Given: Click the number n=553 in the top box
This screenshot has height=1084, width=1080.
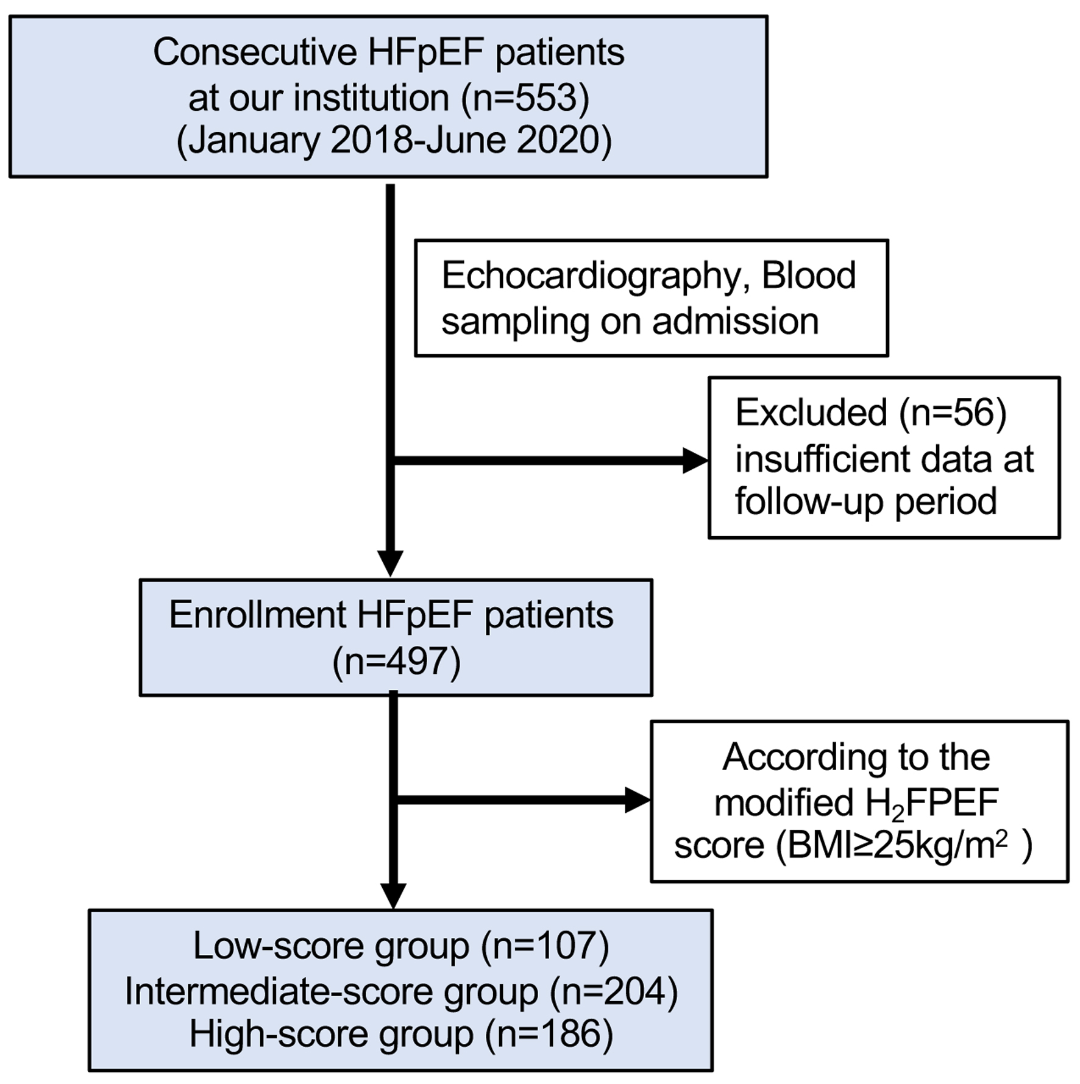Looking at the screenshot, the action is click(x=525, y=97).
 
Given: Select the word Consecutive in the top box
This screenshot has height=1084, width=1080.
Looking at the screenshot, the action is click(x=255, y=52).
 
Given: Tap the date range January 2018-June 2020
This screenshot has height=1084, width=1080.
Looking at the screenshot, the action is click(x=394, y=141).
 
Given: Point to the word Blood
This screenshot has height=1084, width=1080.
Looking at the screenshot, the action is click(x=809, y=275).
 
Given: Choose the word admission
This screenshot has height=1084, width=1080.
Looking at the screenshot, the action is click(x=736, y=321).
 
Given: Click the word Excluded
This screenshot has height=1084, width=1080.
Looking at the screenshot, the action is click(x=811, y=413).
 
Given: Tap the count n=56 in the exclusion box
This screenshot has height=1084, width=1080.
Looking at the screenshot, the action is click(x=953, y=413).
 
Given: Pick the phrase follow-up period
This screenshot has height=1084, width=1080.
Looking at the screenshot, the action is click(x=866, y=502).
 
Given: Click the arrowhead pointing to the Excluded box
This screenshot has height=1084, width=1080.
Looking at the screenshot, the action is click(x=695, y=460).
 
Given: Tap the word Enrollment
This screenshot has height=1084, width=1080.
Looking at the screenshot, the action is click(x=257, y=615).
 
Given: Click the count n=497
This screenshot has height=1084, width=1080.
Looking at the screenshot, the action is click(x=397, y=661).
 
